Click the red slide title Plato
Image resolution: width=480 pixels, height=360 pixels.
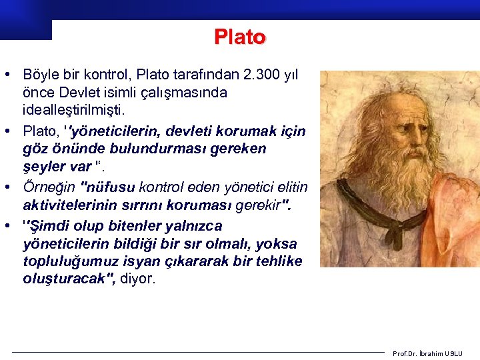click(x=240, y=37)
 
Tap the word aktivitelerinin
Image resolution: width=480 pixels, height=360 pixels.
click(x=74, y=204)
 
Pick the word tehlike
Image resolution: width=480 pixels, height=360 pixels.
click(x=276, y=261)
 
